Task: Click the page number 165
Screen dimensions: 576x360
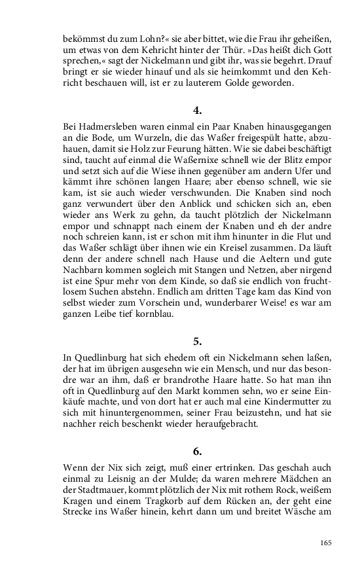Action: [327, 543]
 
